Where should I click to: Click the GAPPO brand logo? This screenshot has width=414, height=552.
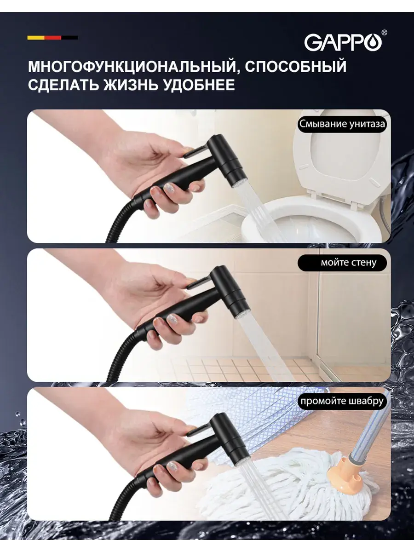(343, 43)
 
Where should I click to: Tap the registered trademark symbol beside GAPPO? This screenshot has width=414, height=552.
(385, 33)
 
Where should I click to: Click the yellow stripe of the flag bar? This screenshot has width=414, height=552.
(36, 38)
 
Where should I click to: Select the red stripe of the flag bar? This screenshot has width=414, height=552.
(53, 38)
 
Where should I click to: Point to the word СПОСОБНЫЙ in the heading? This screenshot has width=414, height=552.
(296, 66)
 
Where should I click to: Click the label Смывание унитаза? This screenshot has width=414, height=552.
(342, 124)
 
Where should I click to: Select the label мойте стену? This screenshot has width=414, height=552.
(342, 263)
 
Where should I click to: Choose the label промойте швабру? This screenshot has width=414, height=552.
(342, 402)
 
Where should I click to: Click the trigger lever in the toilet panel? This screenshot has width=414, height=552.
(195, 152)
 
